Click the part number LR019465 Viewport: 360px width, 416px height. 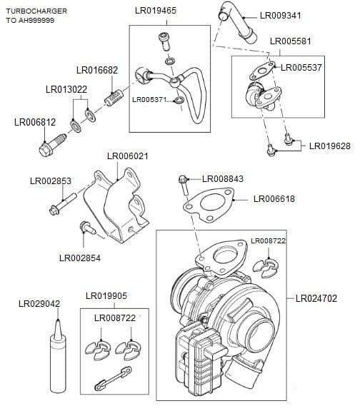click(x=155, y=11)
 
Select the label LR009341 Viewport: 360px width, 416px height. click(x=281, y=14)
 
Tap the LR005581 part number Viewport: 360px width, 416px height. click(x=291, y=41)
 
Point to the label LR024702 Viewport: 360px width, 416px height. click(x=316, y=298)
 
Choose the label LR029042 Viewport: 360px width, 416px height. click(x=39, y=304)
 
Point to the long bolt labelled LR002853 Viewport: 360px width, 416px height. click(x=64, y=208)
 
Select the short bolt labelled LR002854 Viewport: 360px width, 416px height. click(x=87, y=228)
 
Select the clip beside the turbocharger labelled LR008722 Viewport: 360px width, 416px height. click(x=266, y=266)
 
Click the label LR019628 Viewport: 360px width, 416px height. click(x=329, y=146)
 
